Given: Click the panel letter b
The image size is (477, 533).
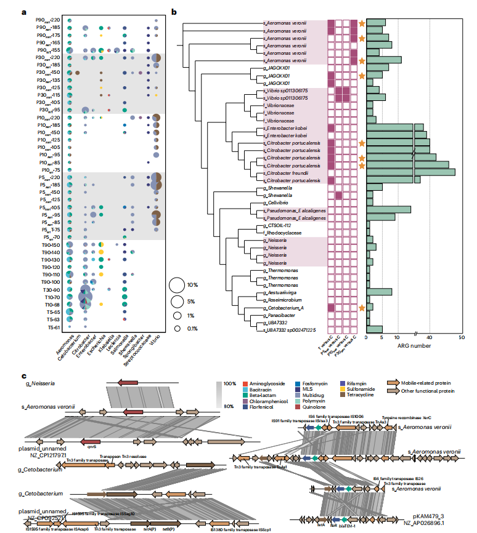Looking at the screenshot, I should (174, 11).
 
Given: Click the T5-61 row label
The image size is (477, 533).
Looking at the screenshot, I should (52, 327).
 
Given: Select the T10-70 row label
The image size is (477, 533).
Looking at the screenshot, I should (52, 297).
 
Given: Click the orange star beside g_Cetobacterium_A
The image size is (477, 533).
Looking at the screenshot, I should (362, 307).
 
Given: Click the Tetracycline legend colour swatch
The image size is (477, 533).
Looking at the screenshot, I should (340, 406).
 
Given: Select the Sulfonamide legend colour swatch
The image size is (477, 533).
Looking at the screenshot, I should (340, 398).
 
